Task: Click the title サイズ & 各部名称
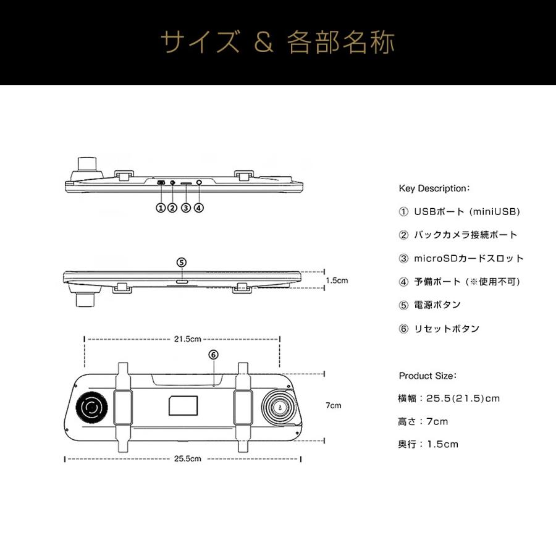coord(277,43)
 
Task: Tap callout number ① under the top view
coord(161,208)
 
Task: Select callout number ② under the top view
coord(172,208)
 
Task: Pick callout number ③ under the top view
coord(185,208)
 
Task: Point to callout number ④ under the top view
coord(198,208)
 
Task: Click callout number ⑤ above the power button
coord(181,261)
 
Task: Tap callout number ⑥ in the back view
coord(213,355)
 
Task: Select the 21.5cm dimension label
coord(187,339)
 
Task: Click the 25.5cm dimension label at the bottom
coord(187,459)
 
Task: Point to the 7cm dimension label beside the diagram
coord(333,406)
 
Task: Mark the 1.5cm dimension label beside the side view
coord(337,280)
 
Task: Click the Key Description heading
coord(435,188)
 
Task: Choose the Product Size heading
coord(428,376)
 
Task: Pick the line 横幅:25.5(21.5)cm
coord(449,398)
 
